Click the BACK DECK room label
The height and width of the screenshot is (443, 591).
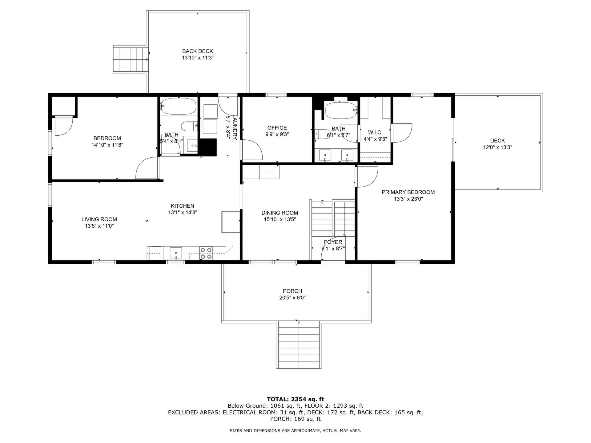tap(198, 51)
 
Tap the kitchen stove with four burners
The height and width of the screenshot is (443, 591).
tap(206, 253)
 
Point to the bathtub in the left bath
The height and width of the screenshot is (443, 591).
tap(178, 106)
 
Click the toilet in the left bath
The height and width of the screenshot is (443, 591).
tap(189, 126)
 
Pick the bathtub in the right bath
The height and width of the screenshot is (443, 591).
tap(341, 110)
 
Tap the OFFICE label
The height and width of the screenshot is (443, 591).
tap(277, 128)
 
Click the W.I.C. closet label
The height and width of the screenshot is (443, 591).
tap(375, 132)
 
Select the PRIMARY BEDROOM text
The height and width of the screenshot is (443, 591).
tap(408, 192)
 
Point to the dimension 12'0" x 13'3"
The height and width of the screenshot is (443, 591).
tap(497, 147)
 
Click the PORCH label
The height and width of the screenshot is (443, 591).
tap(292, 291)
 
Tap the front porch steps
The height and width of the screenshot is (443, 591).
tap(299, 345)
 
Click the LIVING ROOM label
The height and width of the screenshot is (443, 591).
tap(99, 219)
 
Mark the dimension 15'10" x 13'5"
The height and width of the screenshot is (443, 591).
tap(280, 219)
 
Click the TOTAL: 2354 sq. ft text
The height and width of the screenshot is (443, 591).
tap(295, 399)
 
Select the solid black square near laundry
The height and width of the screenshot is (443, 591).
tap(209, 147)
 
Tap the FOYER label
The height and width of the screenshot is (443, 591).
tap(333, 242)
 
